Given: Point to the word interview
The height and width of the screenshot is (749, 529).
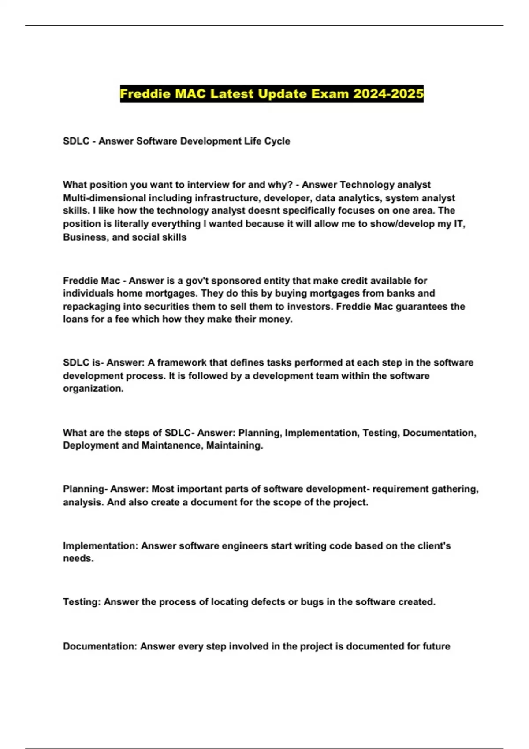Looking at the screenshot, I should [209, 185].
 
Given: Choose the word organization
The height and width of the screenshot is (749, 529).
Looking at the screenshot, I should [93, 389].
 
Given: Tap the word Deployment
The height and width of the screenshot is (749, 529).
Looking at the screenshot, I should [90, 445].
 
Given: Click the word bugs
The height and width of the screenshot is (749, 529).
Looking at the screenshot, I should [312, 602].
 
